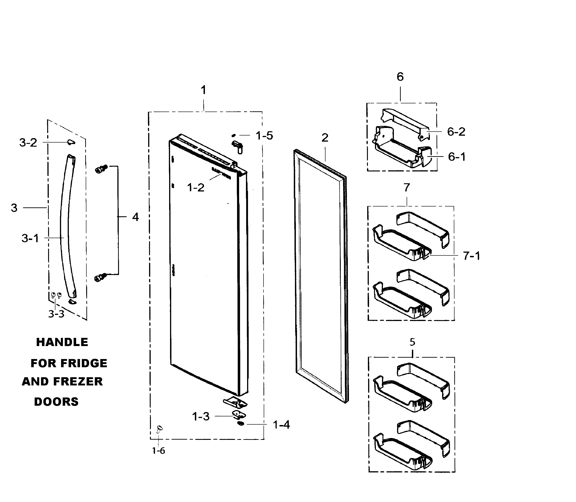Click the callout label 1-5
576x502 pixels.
pyautogui.click(x=264, y=136)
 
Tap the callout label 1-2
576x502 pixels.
pyautogui.click(x=196, y=188)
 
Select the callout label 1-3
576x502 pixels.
pyautogui.click(x=201, y=417)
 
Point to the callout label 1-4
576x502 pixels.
pyautogui.click(x=281, y=425)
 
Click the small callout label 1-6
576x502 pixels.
pyautogui.click(x=158, y=451)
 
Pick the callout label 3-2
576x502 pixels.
pyautogui.click(x=28, y=143)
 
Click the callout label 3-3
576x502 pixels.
pyautogui.click(x=56, y=314)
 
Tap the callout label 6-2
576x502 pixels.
pyautogui.click(x=456, y=132)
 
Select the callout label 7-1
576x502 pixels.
pyautogui.click(x=471, y=256)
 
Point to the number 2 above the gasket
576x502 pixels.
pyautogui.click(x=325, y=138)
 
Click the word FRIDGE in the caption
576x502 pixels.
pyautogui.click(x=84, y=363)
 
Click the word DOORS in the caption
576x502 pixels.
pyautogui.click(x=56, y=402)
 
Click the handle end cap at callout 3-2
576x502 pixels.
pyautogui.click(x=71, y=142)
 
